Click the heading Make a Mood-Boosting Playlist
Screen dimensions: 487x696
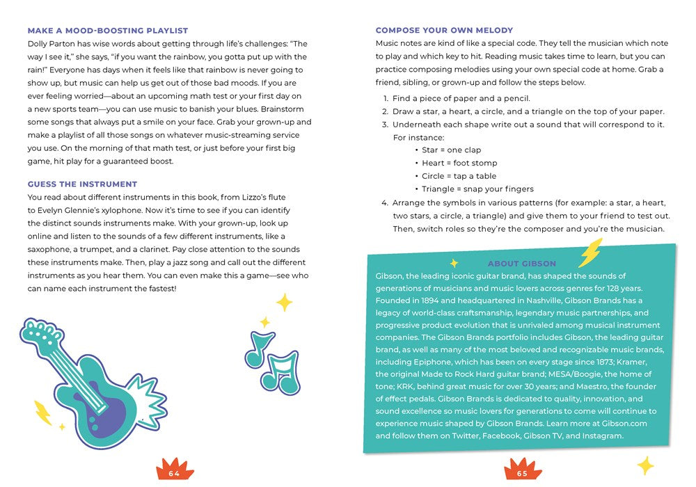click(x=107, y=31)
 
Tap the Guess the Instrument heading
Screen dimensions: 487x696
click(x=82, y=184)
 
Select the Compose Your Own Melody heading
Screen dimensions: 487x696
click(x=444, y=31)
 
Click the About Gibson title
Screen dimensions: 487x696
click(x=522, y=264)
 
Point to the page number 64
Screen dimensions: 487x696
click(x=174, y=474)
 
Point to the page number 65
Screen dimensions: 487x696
click(x=522, y=474)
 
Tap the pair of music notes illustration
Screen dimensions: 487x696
click(x=271, y=362)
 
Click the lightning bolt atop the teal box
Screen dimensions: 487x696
click(x=590, y=253)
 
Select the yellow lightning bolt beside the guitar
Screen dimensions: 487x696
click(x=42, y=412)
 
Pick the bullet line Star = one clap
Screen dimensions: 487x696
click(x=451, y=150)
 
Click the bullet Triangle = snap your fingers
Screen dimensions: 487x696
click(x=477, y=189)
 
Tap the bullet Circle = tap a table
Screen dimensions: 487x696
click(x=459, y=176)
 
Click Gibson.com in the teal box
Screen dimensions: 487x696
click(x=623, y=424)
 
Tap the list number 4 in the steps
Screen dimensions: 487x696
click(x=384, y=203)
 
